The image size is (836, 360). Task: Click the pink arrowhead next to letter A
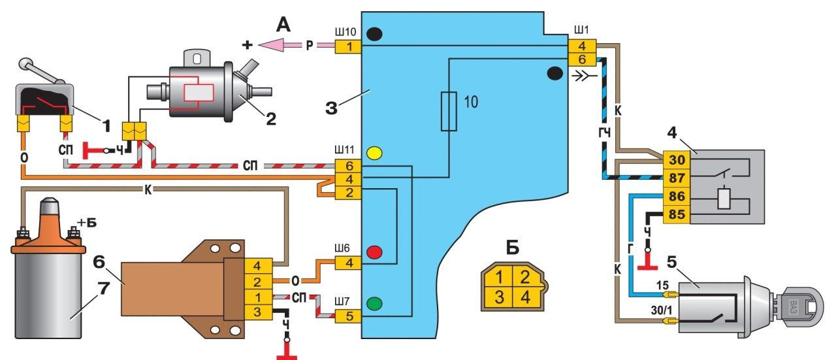(x=272, y=46)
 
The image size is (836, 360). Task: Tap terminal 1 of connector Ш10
(x=349, y=47)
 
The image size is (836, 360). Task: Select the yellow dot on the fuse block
(x=374, y=153)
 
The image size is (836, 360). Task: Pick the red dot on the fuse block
(x=374, y=252)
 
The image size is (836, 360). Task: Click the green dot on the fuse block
(x=374, y=303)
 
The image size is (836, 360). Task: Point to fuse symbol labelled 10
(x=449, y=111)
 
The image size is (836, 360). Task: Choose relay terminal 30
(x=676, y=160)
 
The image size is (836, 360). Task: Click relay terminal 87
(x=676, y=178)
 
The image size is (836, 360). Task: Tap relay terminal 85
(x=676, y=214)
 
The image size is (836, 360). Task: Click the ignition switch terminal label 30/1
(x=661, y=310)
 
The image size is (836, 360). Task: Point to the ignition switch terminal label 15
(x=662, y=286)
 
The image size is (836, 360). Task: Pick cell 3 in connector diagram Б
(x=499, y=297)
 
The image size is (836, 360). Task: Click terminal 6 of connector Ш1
(x=582, y=59)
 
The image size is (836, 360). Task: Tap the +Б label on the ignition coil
(x=87, y=223)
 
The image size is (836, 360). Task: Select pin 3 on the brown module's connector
(x=258, y=312)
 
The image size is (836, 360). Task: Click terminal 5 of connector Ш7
(x=349, y=316)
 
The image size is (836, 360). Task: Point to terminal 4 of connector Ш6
(x=349, y=263)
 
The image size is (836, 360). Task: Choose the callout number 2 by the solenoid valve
(x=270, y=119)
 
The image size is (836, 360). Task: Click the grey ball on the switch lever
(x=25, y=63)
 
